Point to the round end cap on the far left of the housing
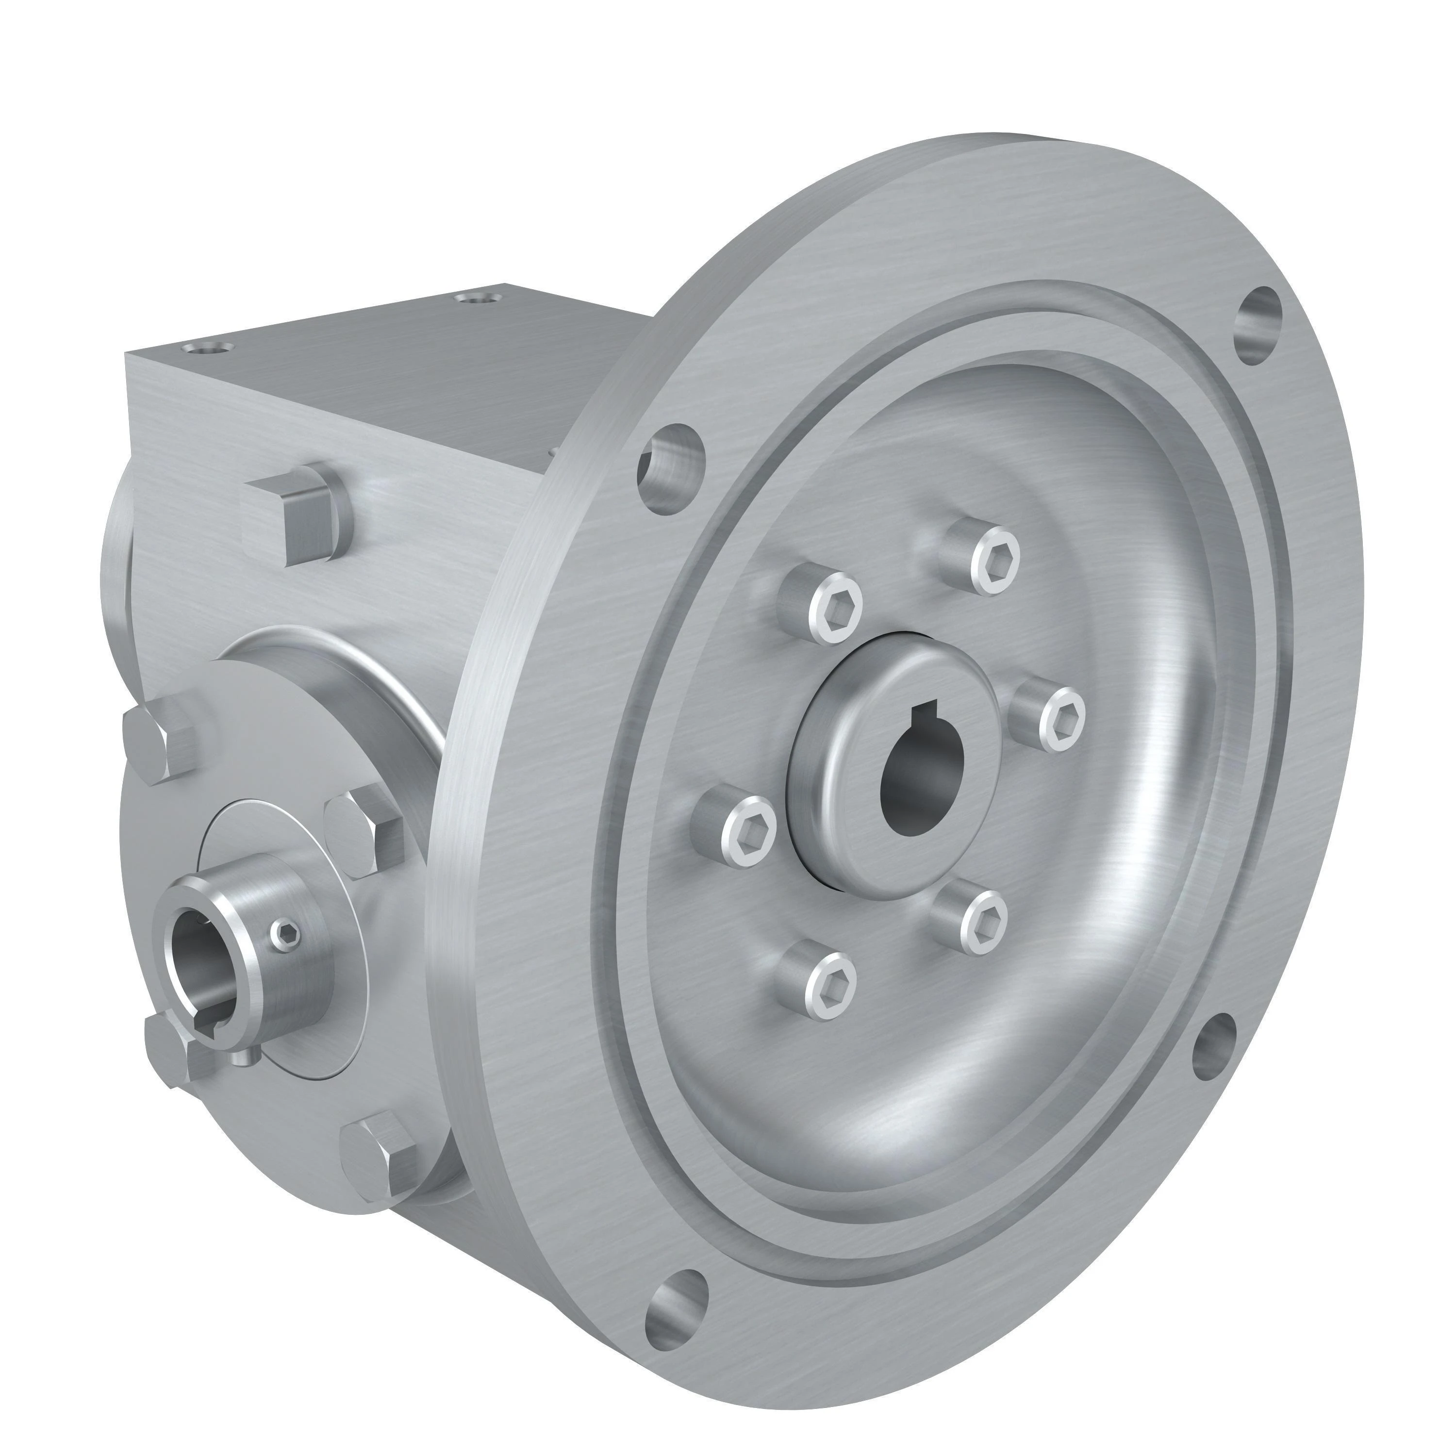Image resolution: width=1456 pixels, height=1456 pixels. tap(117, 550)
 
